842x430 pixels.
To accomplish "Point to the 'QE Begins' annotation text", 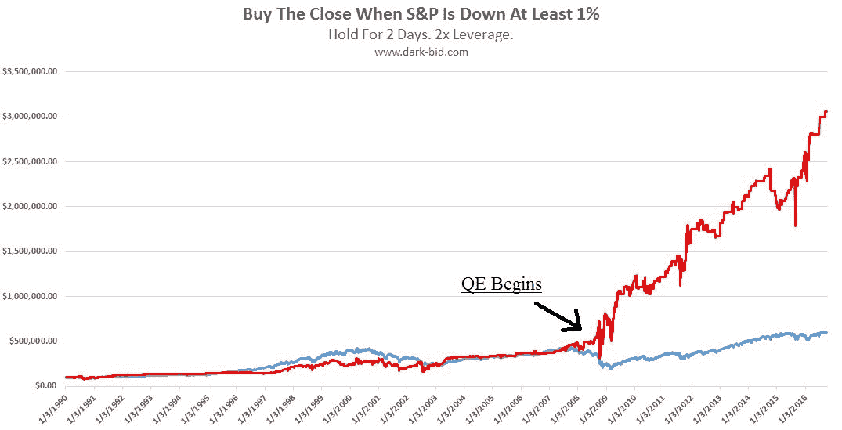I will click(x=501, y=283).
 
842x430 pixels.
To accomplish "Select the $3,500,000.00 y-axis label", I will click(x=32, y=71).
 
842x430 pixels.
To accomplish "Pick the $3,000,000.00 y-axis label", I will click(x=32, y=117).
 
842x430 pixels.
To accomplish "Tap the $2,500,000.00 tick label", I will click(x=32, y=161).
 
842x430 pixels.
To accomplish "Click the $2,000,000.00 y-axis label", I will click(x=32, y=207).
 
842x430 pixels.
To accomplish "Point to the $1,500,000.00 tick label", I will click(x=32, y=251).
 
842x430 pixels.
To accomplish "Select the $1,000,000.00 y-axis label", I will click(x=32, y=296).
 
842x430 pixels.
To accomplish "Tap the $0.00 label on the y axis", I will click(x=45, y=386).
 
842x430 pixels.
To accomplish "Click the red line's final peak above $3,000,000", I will click(x=826, y=112).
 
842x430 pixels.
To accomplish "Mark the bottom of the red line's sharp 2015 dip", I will click(x=795, y=226).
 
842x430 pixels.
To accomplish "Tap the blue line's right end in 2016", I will click(x=827, y=333).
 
